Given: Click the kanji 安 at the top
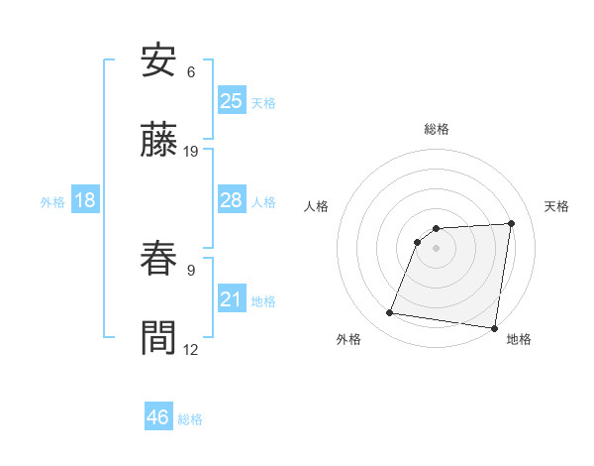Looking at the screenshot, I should point(159,62).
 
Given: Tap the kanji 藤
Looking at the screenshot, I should point(159,141).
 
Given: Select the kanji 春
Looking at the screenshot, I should point(159,259).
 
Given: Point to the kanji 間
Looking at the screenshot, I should point(159,337).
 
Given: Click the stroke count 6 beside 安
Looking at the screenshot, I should point(191,72).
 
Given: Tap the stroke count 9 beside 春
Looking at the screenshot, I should point(191,269).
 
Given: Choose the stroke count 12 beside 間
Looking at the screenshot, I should point(191,348).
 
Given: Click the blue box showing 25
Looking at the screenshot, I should point(232,101).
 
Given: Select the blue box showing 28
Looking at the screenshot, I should point(232,200).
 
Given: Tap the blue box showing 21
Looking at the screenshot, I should point(232,299).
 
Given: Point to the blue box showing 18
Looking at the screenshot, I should point(85,200).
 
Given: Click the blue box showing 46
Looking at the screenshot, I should point(158,417).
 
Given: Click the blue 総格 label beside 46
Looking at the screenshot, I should point(191,419).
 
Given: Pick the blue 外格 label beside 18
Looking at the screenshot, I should point(52,202).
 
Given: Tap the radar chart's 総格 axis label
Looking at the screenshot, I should point(437,129).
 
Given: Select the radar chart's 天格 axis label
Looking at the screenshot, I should point(557,206).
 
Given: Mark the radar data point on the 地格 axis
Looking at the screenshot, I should point(493,328).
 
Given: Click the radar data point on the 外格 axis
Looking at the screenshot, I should point(390,313).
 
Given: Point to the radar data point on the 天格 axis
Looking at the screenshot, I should point(511,223).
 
